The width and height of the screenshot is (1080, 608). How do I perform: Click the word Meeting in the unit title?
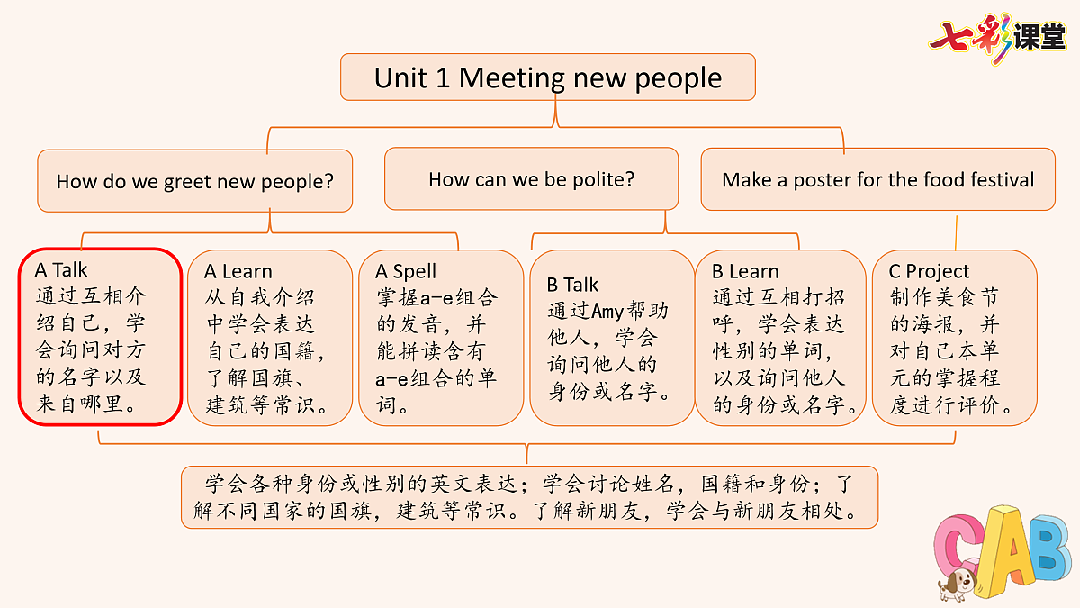coord(511,78)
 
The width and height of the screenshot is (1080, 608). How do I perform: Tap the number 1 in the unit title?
coord(443,78)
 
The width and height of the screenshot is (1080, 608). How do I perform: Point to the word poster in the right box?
coord(823,180)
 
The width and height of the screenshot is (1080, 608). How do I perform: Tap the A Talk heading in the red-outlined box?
coord(61,269)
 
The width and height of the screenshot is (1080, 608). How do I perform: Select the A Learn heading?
coord(238,271)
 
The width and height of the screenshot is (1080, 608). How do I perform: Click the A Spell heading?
coord(406,272)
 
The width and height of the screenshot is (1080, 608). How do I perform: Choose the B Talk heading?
coord(572,285)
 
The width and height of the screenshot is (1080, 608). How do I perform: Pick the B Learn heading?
coord(745,271)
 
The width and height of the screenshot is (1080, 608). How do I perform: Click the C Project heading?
coord(929,272)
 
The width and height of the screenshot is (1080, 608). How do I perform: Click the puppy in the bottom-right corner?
coord(958,584)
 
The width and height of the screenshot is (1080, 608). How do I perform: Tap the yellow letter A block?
coord(1009,550)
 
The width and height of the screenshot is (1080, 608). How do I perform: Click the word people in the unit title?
coord(678,79)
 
